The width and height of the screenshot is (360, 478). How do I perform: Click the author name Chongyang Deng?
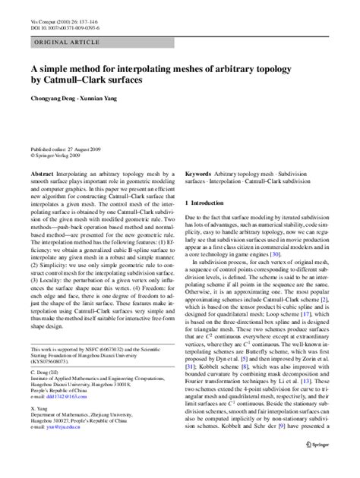tap(52, 97)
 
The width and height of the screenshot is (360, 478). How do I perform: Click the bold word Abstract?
tap(41, 174)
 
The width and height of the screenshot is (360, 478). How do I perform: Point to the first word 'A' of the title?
tap(34, 67)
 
